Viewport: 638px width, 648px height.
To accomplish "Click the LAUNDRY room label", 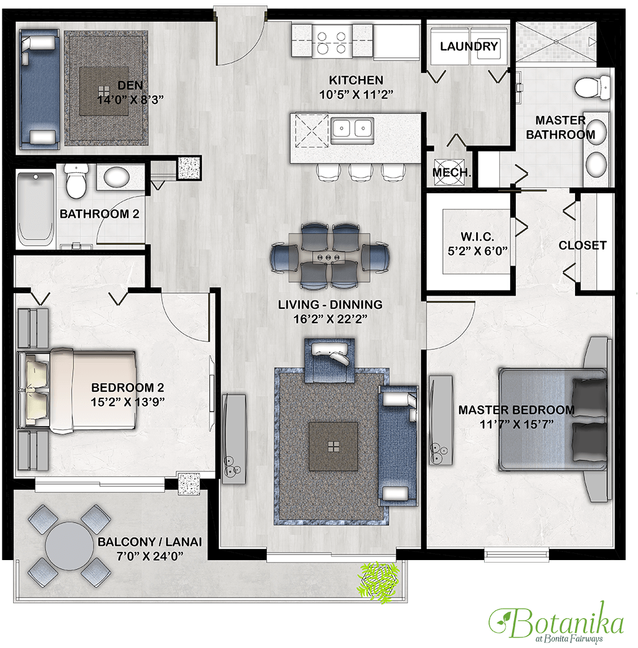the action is point(469,46).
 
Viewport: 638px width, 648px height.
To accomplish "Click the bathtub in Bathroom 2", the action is point(36,206).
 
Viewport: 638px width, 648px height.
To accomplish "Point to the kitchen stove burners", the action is point(331,43).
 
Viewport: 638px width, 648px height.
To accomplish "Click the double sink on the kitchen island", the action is point(352,129).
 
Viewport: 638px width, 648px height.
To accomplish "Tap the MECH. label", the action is point(452,172).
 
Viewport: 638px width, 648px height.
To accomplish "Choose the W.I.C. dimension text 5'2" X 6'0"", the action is point(478,251).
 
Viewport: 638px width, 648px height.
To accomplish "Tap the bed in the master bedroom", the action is point(553,420).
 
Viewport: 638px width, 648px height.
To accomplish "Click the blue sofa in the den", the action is point(39,89).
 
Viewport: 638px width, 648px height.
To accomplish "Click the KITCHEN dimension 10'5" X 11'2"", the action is point(356,95).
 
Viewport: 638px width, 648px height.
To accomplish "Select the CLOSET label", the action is point(583,246).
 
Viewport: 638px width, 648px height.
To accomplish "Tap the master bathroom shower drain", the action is point(556,41).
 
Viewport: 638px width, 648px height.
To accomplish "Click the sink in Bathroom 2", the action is point(117,177).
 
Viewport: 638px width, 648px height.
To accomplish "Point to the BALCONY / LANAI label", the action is point(150,542).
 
